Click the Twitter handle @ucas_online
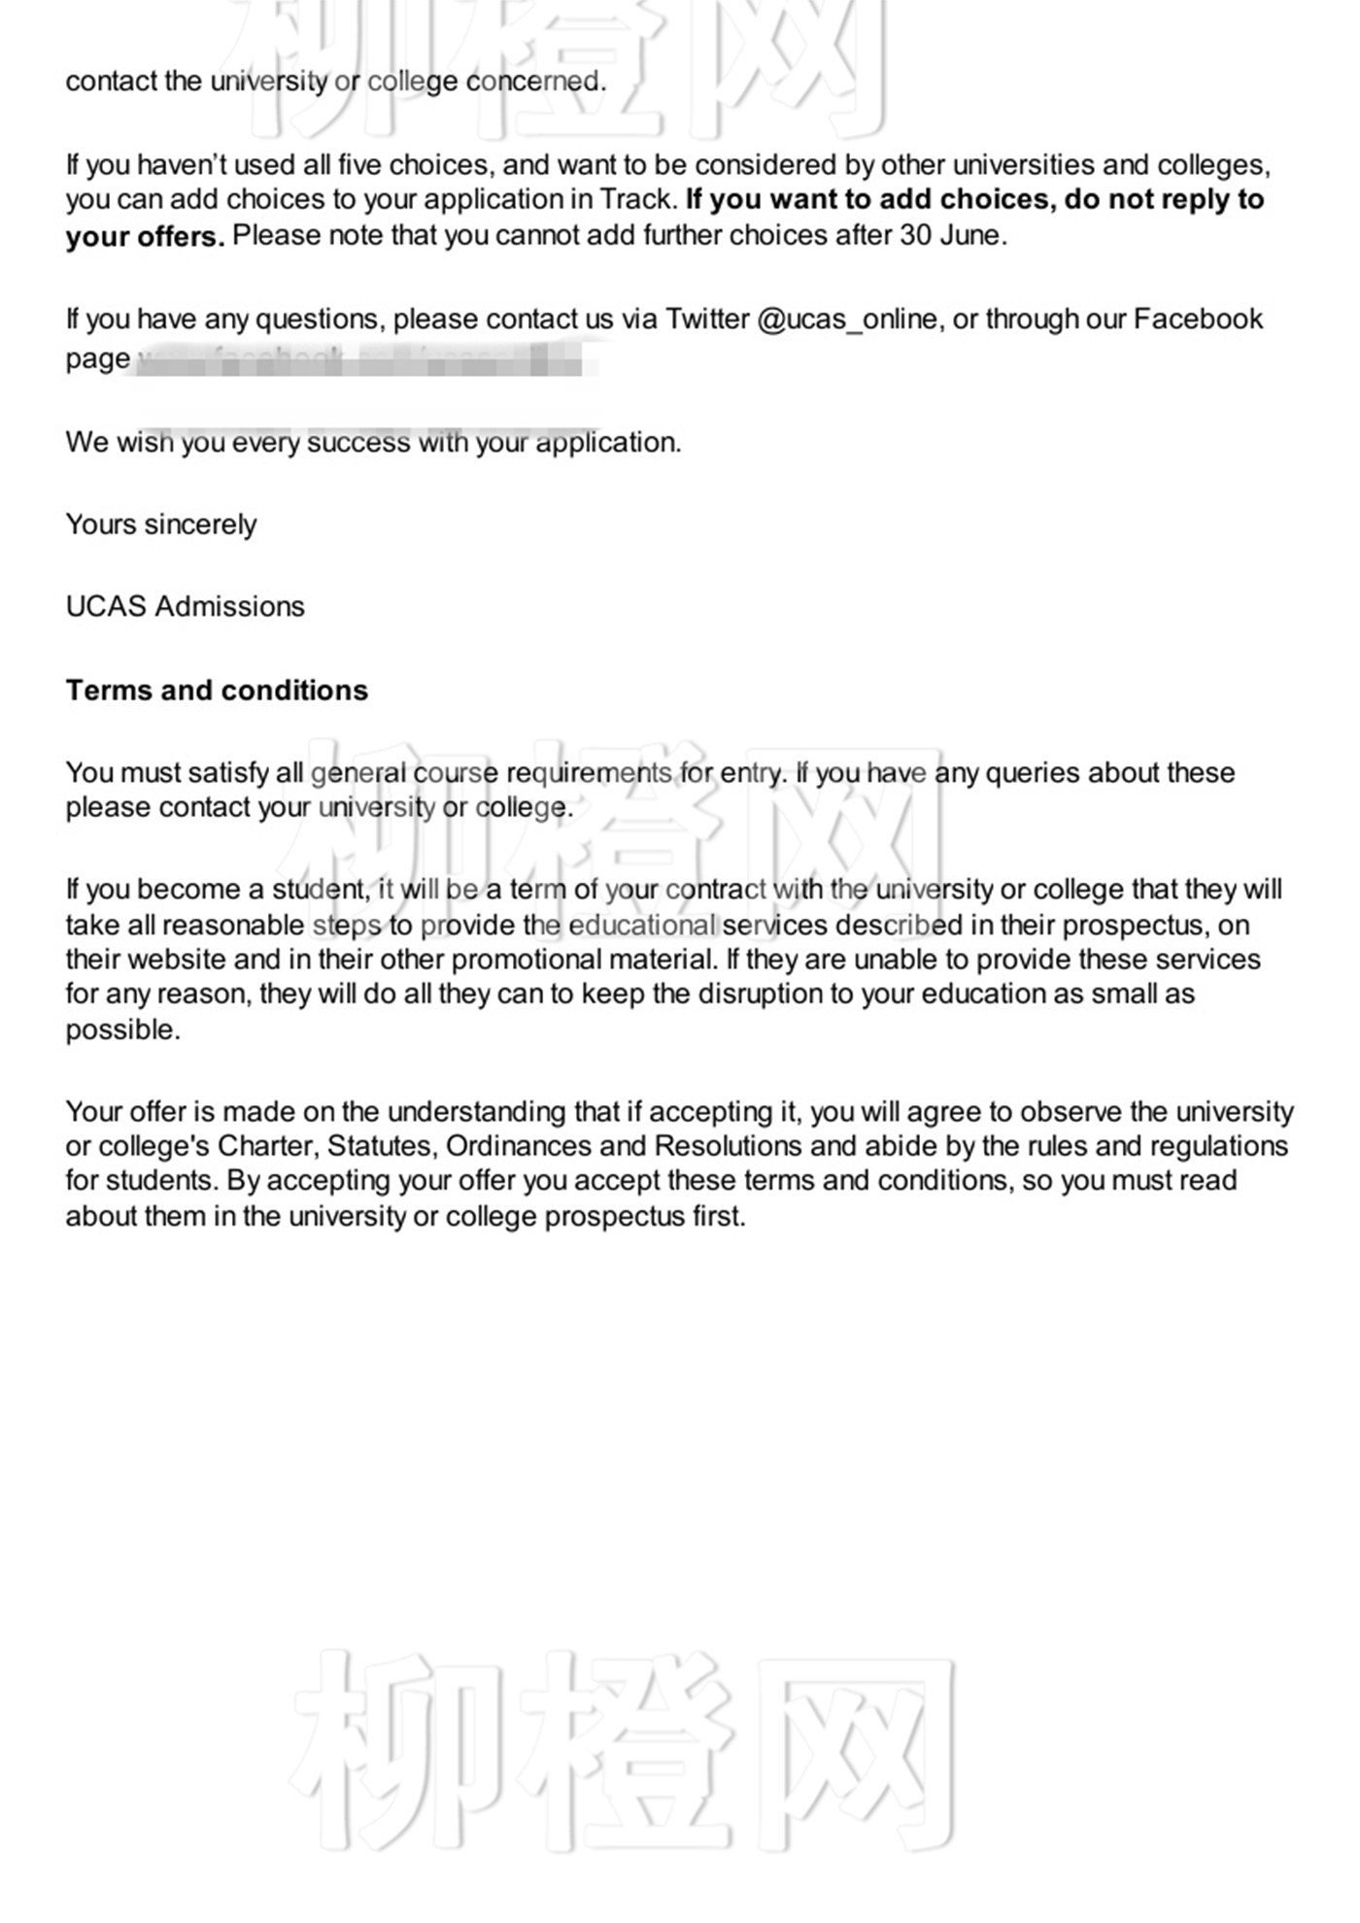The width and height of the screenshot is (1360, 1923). (x=847, y=320)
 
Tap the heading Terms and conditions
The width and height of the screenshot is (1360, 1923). (x=217, y=691)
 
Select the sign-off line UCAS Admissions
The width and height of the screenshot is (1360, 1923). (x=185, y=607)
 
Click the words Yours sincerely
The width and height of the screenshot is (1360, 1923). (x=161, y=524)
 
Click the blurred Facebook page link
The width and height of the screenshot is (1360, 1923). (x=364, y=360)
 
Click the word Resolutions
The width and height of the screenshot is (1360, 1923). (x=728, y=1146)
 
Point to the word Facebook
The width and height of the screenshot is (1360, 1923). (x=1198, y=320)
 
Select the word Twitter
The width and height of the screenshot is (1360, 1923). (x=707, y=320)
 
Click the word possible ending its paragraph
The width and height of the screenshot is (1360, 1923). (x=122, y=1029)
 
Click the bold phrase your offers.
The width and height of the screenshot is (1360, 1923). (x=145, y=237)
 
